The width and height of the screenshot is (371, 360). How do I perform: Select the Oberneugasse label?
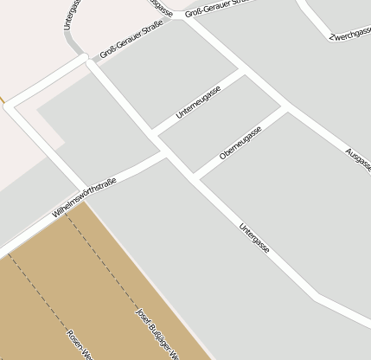[x=240, y=142]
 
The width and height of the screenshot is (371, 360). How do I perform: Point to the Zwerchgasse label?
[x=349, y=33]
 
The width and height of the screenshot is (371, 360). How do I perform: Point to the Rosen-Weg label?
[x=79, y=344]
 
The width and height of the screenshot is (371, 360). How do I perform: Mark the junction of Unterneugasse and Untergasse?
[x=153, y=132]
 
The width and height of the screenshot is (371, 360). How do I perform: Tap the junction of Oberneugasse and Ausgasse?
[x=286, y=109]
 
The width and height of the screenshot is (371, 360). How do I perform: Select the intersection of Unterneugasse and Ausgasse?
[x=240, y=73]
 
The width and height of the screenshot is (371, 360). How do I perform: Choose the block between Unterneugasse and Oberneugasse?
[x=220, y=122]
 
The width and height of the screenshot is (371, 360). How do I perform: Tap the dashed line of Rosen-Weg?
[x=43, y=294]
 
